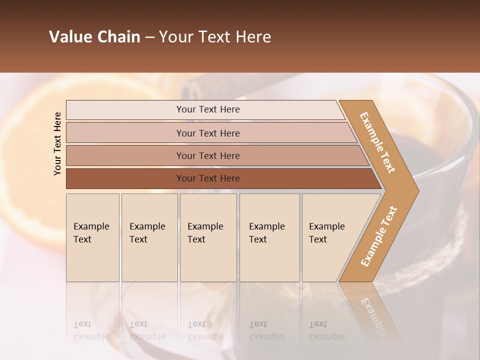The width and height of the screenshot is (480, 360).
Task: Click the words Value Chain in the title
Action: point(94,37)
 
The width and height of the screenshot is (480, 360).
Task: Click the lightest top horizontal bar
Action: point(150,110)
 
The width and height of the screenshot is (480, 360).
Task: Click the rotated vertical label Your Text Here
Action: point(58,143)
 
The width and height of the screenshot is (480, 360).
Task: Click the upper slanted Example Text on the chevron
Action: point(377,142)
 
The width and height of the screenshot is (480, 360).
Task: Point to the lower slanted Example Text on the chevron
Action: point(378,236)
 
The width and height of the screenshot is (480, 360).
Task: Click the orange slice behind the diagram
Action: point(30,165)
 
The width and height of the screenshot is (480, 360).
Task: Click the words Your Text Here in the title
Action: point(215,37)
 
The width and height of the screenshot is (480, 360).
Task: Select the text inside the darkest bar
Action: point(208,178)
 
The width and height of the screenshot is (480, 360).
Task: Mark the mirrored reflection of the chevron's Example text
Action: point(372,315)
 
